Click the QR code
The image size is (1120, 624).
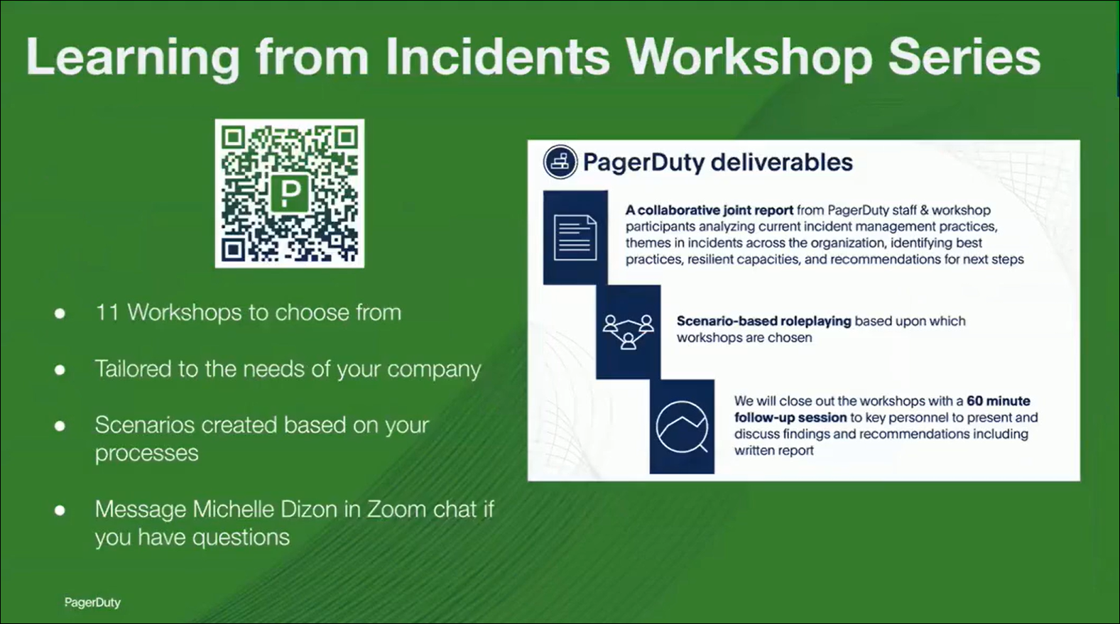[290, 193]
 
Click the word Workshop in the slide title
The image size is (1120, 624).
[748, 58]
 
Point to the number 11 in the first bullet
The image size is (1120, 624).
[107, 313]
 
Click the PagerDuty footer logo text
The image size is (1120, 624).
[92, 603]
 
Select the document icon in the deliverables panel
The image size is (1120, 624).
[575, 237]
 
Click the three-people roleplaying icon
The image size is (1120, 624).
[628, 332]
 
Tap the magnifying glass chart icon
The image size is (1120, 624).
[682, 427]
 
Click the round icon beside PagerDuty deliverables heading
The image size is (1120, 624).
[560, 162]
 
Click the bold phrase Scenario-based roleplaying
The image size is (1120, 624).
[763, 321]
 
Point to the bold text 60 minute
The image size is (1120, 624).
[999, 400]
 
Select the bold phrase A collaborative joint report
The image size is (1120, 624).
[709, 210]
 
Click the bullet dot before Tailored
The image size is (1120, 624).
[60, 370]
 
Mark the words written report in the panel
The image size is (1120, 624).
[773, 450]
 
